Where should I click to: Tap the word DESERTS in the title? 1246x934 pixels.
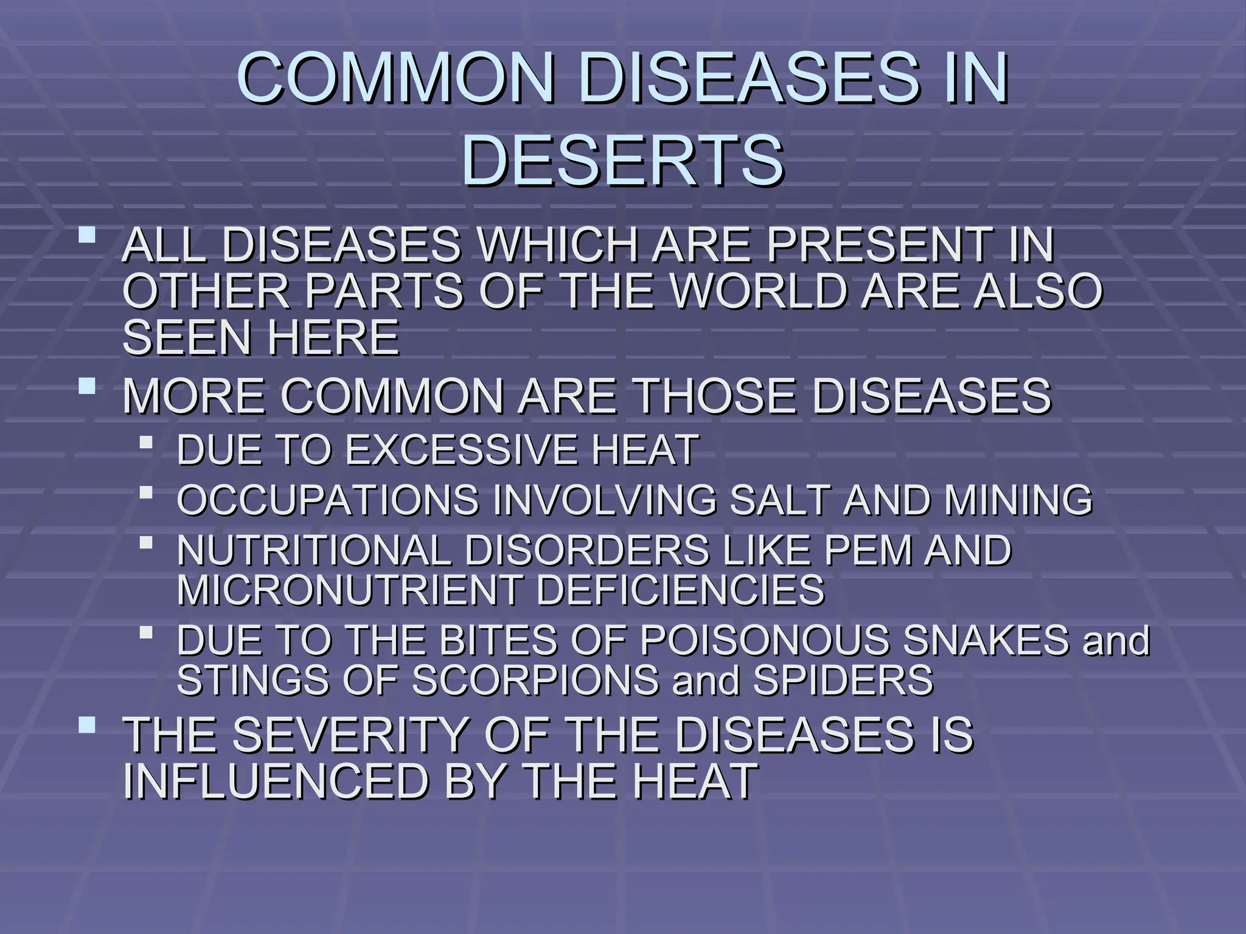[622, 161]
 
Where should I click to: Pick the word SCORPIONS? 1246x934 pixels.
[535, 679]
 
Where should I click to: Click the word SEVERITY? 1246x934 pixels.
[349, 735]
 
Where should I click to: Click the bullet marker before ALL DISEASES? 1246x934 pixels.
[88, 234]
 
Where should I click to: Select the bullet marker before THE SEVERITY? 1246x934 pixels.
[88, 724]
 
